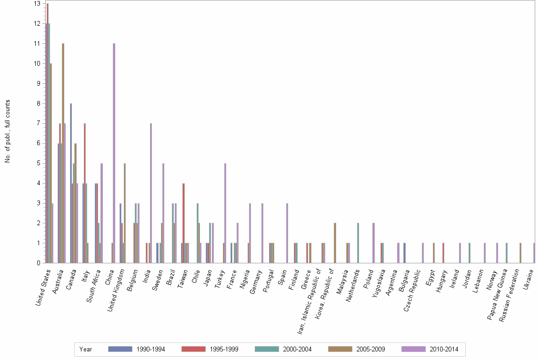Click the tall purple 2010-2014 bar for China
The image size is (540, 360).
point(114,152)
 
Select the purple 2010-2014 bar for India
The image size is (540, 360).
point(151,193)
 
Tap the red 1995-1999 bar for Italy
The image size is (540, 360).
point(84,193)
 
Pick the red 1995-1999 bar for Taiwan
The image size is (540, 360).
point(183,223)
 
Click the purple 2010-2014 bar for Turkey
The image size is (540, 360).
point(225,213)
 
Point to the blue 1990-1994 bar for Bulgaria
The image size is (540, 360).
point(404,253)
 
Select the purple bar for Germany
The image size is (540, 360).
point(262,233)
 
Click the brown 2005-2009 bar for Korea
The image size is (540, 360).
point(335,243)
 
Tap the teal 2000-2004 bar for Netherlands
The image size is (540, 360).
point(358,243)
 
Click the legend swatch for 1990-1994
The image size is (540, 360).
point(120,349)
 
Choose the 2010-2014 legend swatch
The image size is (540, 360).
point(413,349)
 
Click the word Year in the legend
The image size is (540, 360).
point(86,350)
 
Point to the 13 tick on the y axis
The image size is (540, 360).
point(37,3)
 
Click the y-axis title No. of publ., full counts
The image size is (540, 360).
point(8,131)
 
